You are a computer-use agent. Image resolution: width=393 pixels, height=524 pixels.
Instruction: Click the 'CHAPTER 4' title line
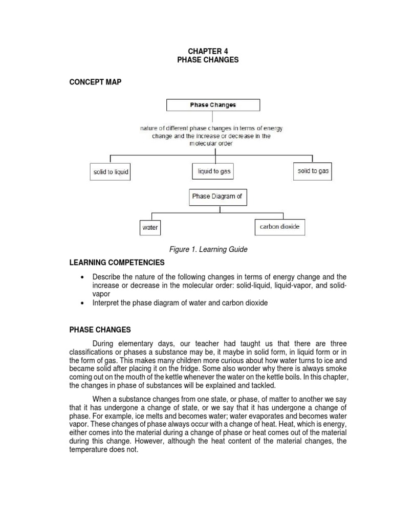tap(208, 51)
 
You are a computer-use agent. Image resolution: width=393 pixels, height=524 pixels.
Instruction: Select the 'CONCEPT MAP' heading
tap(96, 82)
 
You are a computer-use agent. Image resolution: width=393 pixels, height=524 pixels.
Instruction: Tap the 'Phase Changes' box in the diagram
tap(213, 105)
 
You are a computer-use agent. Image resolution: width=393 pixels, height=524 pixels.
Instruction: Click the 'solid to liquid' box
tap(111, 172)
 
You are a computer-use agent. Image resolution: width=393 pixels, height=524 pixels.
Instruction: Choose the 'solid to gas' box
tap(313, 171)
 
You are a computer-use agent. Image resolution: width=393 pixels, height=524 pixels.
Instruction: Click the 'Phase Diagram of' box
tap(216, 196)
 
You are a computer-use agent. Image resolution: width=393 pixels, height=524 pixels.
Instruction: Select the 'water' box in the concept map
tap(150, 228)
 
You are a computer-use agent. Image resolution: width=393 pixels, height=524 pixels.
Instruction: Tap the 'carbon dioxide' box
tap(279, 227)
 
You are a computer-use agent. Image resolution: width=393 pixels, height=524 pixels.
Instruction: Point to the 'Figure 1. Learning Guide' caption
tap(208, 249)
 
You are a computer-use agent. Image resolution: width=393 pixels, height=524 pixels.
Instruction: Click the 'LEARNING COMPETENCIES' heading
tap(117, 263)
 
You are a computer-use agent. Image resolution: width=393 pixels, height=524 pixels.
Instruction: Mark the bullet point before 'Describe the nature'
tap(82, 277)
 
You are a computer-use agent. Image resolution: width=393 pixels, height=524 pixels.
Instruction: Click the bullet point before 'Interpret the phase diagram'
tap(82, 303)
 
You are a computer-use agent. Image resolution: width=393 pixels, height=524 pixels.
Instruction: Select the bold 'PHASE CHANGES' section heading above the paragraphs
tap(100, 330)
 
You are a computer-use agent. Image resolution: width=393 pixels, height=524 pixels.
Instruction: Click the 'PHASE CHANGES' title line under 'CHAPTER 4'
tap(208, 60)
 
